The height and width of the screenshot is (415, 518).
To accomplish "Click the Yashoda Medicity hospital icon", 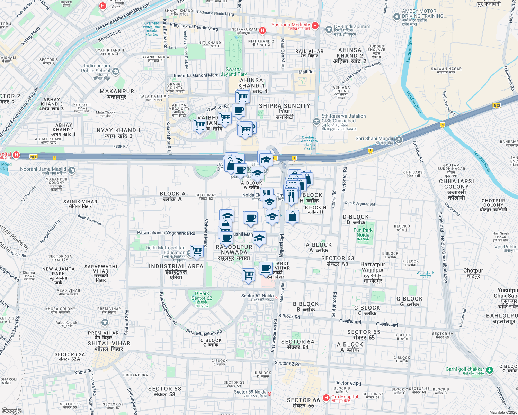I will [315, 25].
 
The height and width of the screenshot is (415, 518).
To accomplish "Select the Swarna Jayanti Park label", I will [234, 72].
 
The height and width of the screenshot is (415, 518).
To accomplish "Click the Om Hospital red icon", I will [326, 398].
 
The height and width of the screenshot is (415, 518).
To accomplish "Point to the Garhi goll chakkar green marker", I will [489, 370].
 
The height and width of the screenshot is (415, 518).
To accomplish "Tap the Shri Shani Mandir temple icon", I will [399, 140].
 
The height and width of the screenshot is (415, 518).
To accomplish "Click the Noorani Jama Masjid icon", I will [72, 170].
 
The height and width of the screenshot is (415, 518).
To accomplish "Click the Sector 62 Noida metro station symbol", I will [276, 297].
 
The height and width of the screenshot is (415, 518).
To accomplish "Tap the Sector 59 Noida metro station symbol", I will [269, 394].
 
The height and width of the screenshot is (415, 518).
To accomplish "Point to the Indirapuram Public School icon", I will [116, 72].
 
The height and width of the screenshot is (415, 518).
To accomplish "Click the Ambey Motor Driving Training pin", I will [397, 17].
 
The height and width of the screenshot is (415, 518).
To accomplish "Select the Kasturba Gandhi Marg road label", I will [196, 75].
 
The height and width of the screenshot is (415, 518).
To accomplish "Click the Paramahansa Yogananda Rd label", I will [166, 233].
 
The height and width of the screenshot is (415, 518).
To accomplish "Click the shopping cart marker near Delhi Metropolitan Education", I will [197, 250].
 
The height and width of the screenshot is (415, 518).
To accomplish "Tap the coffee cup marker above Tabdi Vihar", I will [266, 268].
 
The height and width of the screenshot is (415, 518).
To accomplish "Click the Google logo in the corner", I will [12, 411].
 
